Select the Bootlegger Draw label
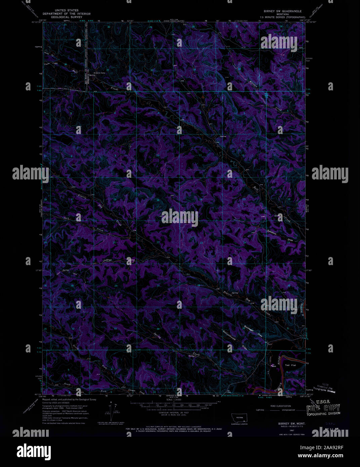pos(253,331)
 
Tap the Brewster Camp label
pos(99,73)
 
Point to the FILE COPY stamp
pos(323,409)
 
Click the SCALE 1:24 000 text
pos(174,400)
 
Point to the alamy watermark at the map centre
pos(179,217)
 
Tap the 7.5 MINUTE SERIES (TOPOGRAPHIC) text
pos(280,17)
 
